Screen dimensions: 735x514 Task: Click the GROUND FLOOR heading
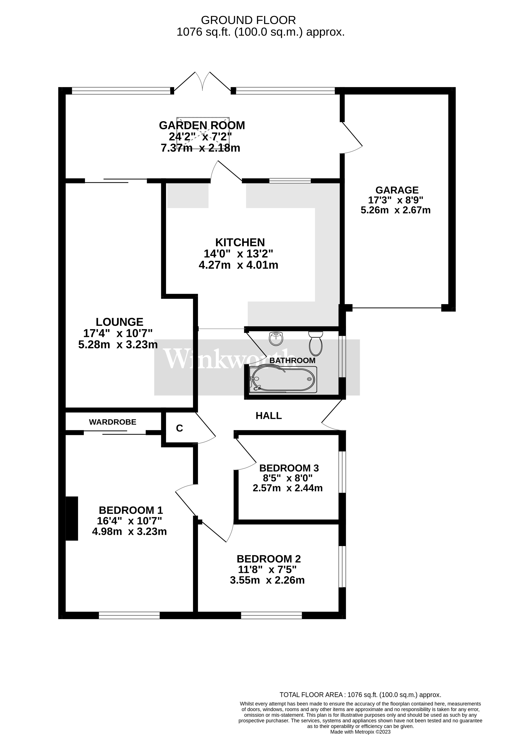tap(248, 20)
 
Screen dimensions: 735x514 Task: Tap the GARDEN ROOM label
tap(202, 125)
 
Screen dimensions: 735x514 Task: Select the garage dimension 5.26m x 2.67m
tap(396, 210)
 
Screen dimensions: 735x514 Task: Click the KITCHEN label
tap(240, 242)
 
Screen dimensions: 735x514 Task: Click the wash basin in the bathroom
tap(276, 339)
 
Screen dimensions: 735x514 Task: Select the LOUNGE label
tap(119, 322)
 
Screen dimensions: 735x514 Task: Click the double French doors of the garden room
tap(202, 82)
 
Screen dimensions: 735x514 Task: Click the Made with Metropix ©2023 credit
tap(360, 732)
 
